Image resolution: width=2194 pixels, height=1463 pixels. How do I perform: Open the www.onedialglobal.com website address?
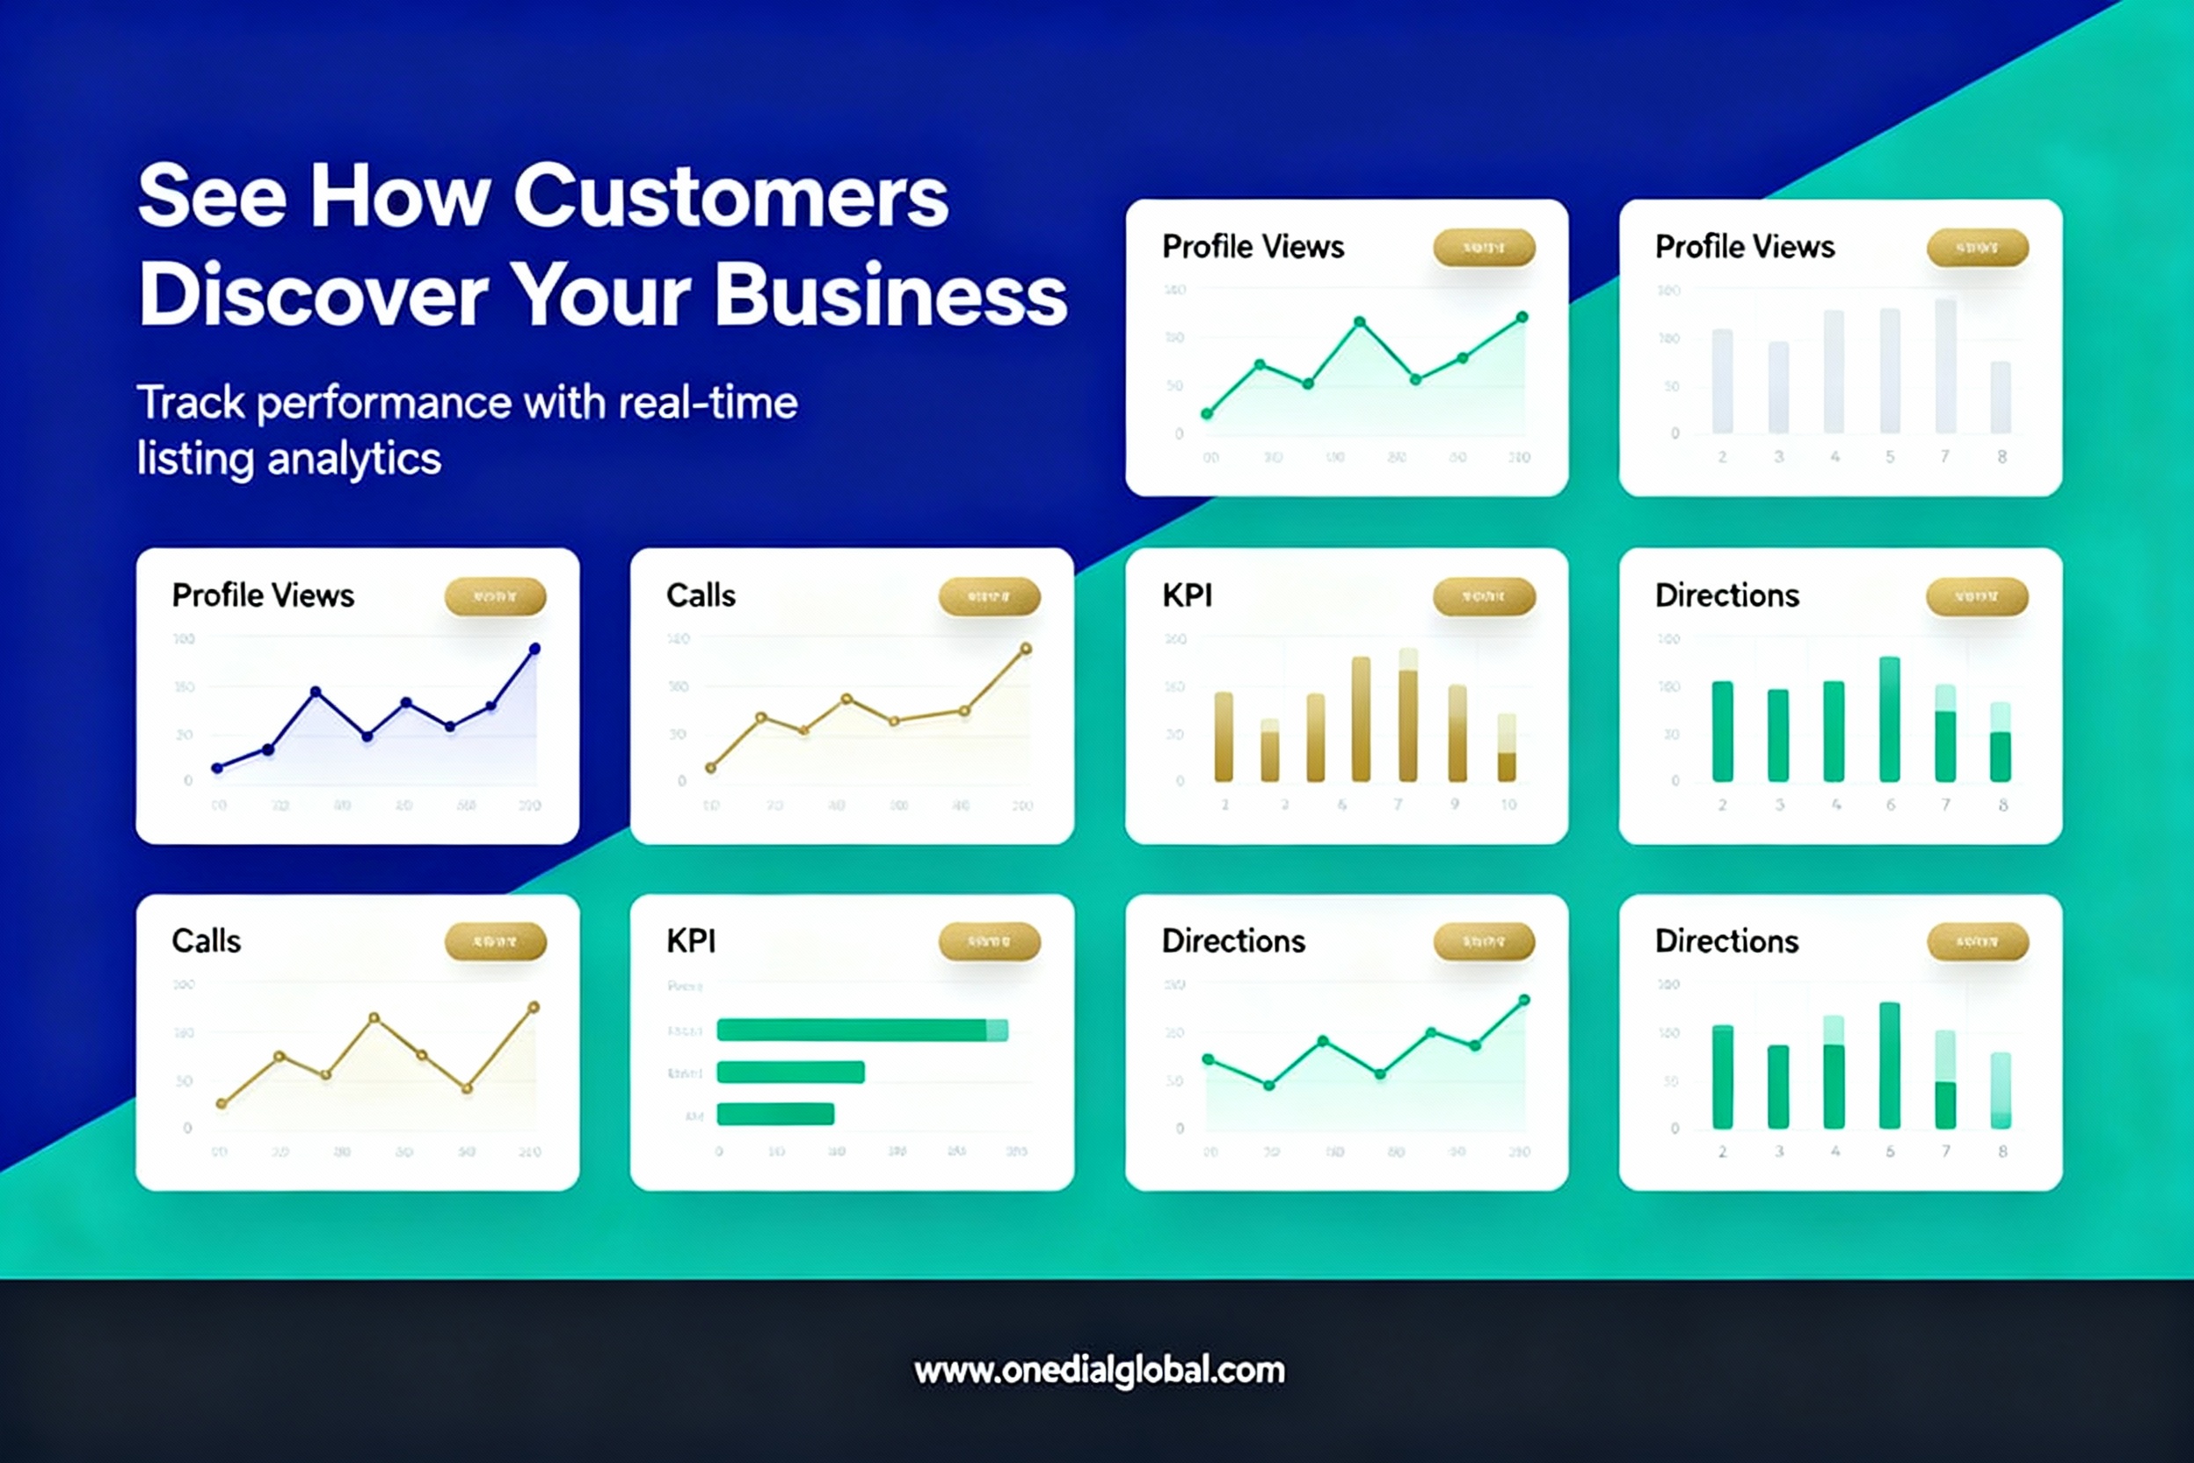(x=1099, y=1370)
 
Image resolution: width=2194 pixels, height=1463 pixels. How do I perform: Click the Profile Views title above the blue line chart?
(x=263, y=595)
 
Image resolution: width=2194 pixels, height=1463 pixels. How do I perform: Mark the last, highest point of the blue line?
(x=534, y=649)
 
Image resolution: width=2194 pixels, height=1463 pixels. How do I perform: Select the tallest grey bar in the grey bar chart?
(x=1945, y=366)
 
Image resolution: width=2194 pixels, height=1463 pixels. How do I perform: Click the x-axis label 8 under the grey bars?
(x=2001, y=457)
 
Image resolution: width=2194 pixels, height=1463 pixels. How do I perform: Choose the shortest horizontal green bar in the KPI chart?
(x=775, y=1113)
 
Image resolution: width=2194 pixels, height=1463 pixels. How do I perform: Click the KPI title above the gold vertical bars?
(x=1187, y=595)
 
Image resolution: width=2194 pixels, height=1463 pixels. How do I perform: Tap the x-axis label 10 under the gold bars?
(x=1508, y=804)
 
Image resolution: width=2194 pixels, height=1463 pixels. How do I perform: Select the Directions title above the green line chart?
(x=1233, y=942)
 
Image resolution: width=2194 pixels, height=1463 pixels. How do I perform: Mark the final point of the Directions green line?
(x=1524, y=1001)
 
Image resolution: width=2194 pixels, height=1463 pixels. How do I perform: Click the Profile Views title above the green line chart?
(x=1253, y=247)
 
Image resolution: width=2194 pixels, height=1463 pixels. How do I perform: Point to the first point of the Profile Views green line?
(x=1207, y=413)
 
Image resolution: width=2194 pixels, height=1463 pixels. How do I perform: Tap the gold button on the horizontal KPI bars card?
(x=989, y=942)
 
